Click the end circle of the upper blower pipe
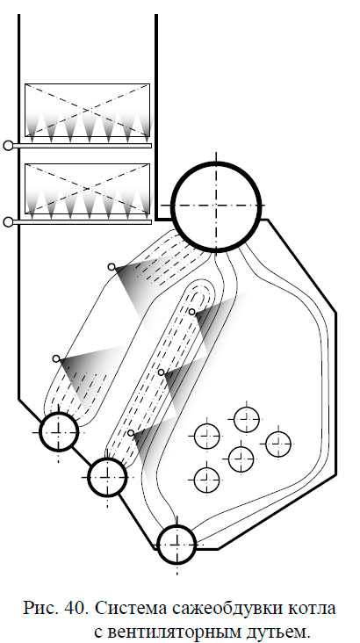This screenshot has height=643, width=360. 8,145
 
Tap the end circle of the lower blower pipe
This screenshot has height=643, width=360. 8,222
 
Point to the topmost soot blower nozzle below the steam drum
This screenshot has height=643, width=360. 112,267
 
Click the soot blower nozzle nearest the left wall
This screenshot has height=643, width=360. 56,358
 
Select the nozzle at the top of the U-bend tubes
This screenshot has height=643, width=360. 191,312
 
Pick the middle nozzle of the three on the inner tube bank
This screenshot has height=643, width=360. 162,372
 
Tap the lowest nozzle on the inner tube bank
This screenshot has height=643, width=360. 131,433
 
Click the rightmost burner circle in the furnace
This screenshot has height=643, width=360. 278,444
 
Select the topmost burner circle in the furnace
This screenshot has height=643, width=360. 247,420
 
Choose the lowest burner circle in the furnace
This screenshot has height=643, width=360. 206,479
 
